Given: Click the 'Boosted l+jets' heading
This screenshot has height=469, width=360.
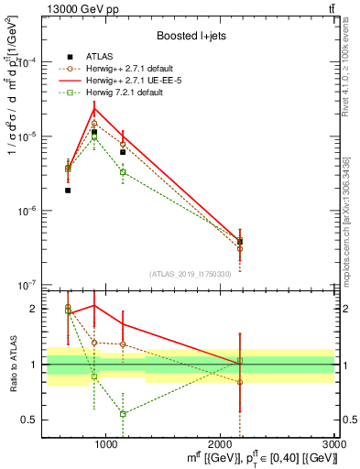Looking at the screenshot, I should tap(191, 36).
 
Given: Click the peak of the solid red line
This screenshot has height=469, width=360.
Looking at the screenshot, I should tap(93, 109).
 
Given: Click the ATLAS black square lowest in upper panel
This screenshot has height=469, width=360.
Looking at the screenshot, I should tap(68, 191).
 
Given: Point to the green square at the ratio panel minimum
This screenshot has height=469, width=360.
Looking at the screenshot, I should tap(123, 414).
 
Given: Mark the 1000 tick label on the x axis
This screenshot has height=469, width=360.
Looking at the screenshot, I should tap(105, 444).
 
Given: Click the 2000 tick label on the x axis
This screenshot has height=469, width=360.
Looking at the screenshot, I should tap(220, 444).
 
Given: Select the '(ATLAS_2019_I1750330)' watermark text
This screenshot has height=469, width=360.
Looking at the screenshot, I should tap(190, 274).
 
